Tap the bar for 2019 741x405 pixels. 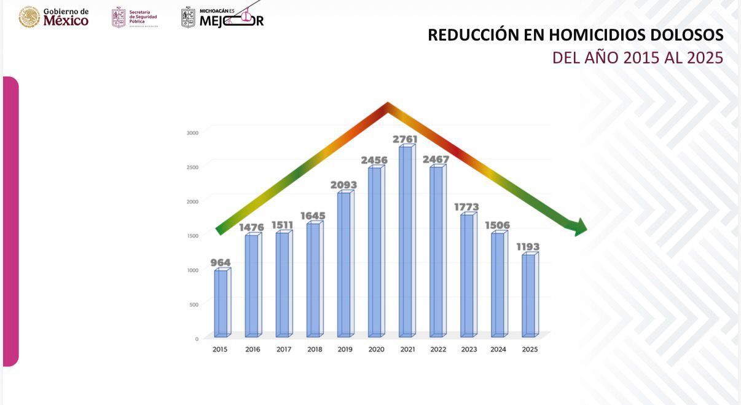tap(344, 265)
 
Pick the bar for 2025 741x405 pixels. tap(528, 295)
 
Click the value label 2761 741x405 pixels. tap(406, 139)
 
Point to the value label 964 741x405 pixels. tap(221, 263)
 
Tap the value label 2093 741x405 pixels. tap(343, 185)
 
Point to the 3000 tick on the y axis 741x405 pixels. tap(192, 132)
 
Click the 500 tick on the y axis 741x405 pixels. tap(194, 305)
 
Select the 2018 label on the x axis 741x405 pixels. tap(315, 350)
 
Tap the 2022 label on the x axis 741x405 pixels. tap(438, 350)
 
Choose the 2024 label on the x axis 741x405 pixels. tap(498, 350)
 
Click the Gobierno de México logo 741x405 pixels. tap(54, 17)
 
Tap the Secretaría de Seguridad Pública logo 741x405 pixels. tap(135, 17)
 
